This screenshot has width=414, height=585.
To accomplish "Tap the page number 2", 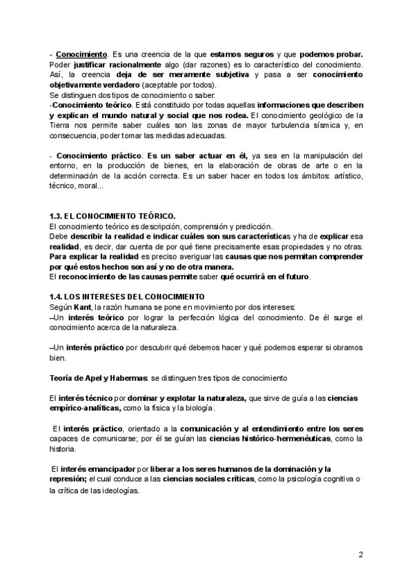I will pos(361,555).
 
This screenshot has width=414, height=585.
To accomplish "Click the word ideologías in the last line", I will pos(119,490).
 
